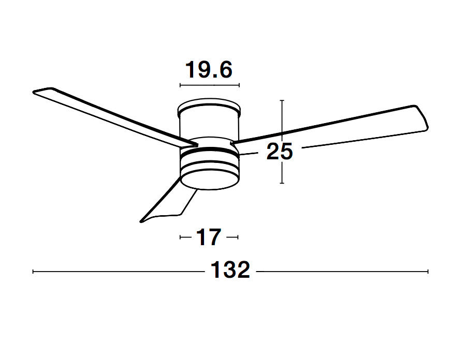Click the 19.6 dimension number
(x=209, y=69)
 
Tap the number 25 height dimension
(x=279, y=152)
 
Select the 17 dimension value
(x=209, y=237)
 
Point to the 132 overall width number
(x=230, y=271)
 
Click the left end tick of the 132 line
(x=34, y=271)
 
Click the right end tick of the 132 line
(x=428, y=271)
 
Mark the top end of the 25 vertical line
(x=281, y=101)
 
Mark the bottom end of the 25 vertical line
(x=281, y=183)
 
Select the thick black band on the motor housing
(x=209, y=151)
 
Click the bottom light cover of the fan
(x=209, y=178)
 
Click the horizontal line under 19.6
(x=209, y=84)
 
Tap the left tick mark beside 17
(x=181, y=237)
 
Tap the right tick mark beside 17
(x=238, y=237)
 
